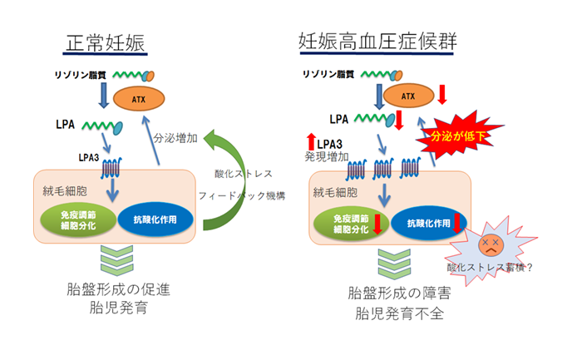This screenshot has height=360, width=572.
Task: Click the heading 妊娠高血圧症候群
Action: pyautogui.click(x=382, y=41)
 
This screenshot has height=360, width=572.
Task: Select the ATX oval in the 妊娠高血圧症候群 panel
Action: pyautogui.click(x=407, y=96)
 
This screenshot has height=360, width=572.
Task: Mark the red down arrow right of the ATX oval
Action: pyautogui.click(x=443, y=95)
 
